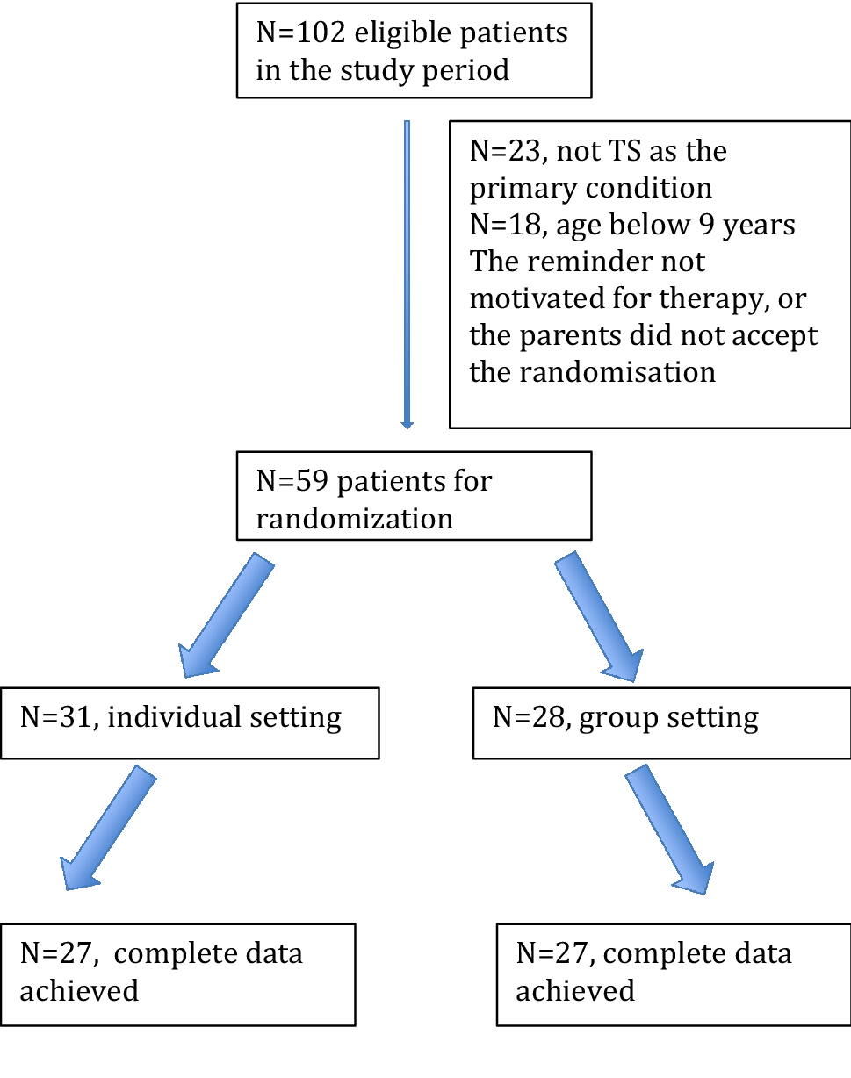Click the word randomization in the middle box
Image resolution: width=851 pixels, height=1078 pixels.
pos(355,518)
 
